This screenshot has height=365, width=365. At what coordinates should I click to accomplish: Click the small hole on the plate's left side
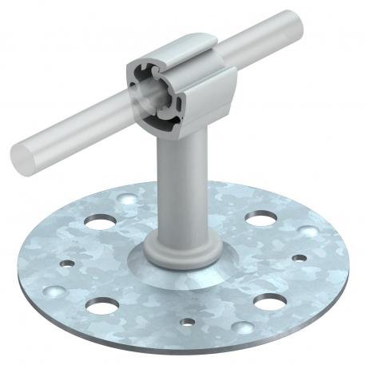coord(67,261)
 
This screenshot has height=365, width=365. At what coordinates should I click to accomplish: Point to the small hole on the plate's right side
coord(300,258)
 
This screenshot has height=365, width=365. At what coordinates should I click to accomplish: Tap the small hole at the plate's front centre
coord(187,323)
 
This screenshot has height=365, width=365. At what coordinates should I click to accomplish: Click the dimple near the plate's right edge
coord(307,232)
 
